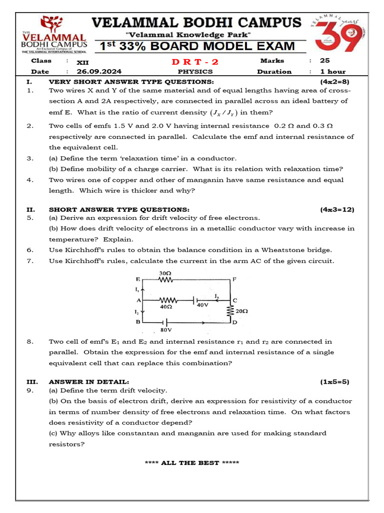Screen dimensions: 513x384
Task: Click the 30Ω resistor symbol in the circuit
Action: [x=164, y=280]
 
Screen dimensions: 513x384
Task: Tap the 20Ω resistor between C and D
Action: [x=230, y=310]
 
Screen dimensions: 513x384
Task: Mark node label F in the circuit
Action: [x=234, y=279]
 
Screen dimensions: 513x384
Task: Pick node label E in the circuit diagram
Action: [x=138, y=279]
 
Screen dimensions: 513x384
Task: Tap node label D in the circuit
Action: [x=234, y=322]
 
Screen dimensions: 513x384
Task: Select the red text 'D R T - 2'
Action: [x=195, y=62]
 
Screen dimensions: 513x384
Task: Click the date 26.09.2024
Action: [x=98, y=72]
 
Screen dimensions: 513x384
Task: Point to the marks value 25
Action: [x=325, y=61]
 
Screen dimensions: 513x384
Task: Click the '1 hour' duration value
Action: [x=332, y=72]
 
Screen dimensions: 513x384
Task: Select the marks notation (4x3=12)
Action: [x=337, y=209]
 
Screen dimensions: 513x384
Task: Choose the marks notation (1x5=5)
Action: [x=334, y=382]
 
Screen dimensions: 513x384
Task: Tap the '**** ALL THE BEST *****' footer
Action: [x=191, y=463]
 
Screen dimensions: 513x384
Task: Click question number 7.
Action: [x=30, y=261]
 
